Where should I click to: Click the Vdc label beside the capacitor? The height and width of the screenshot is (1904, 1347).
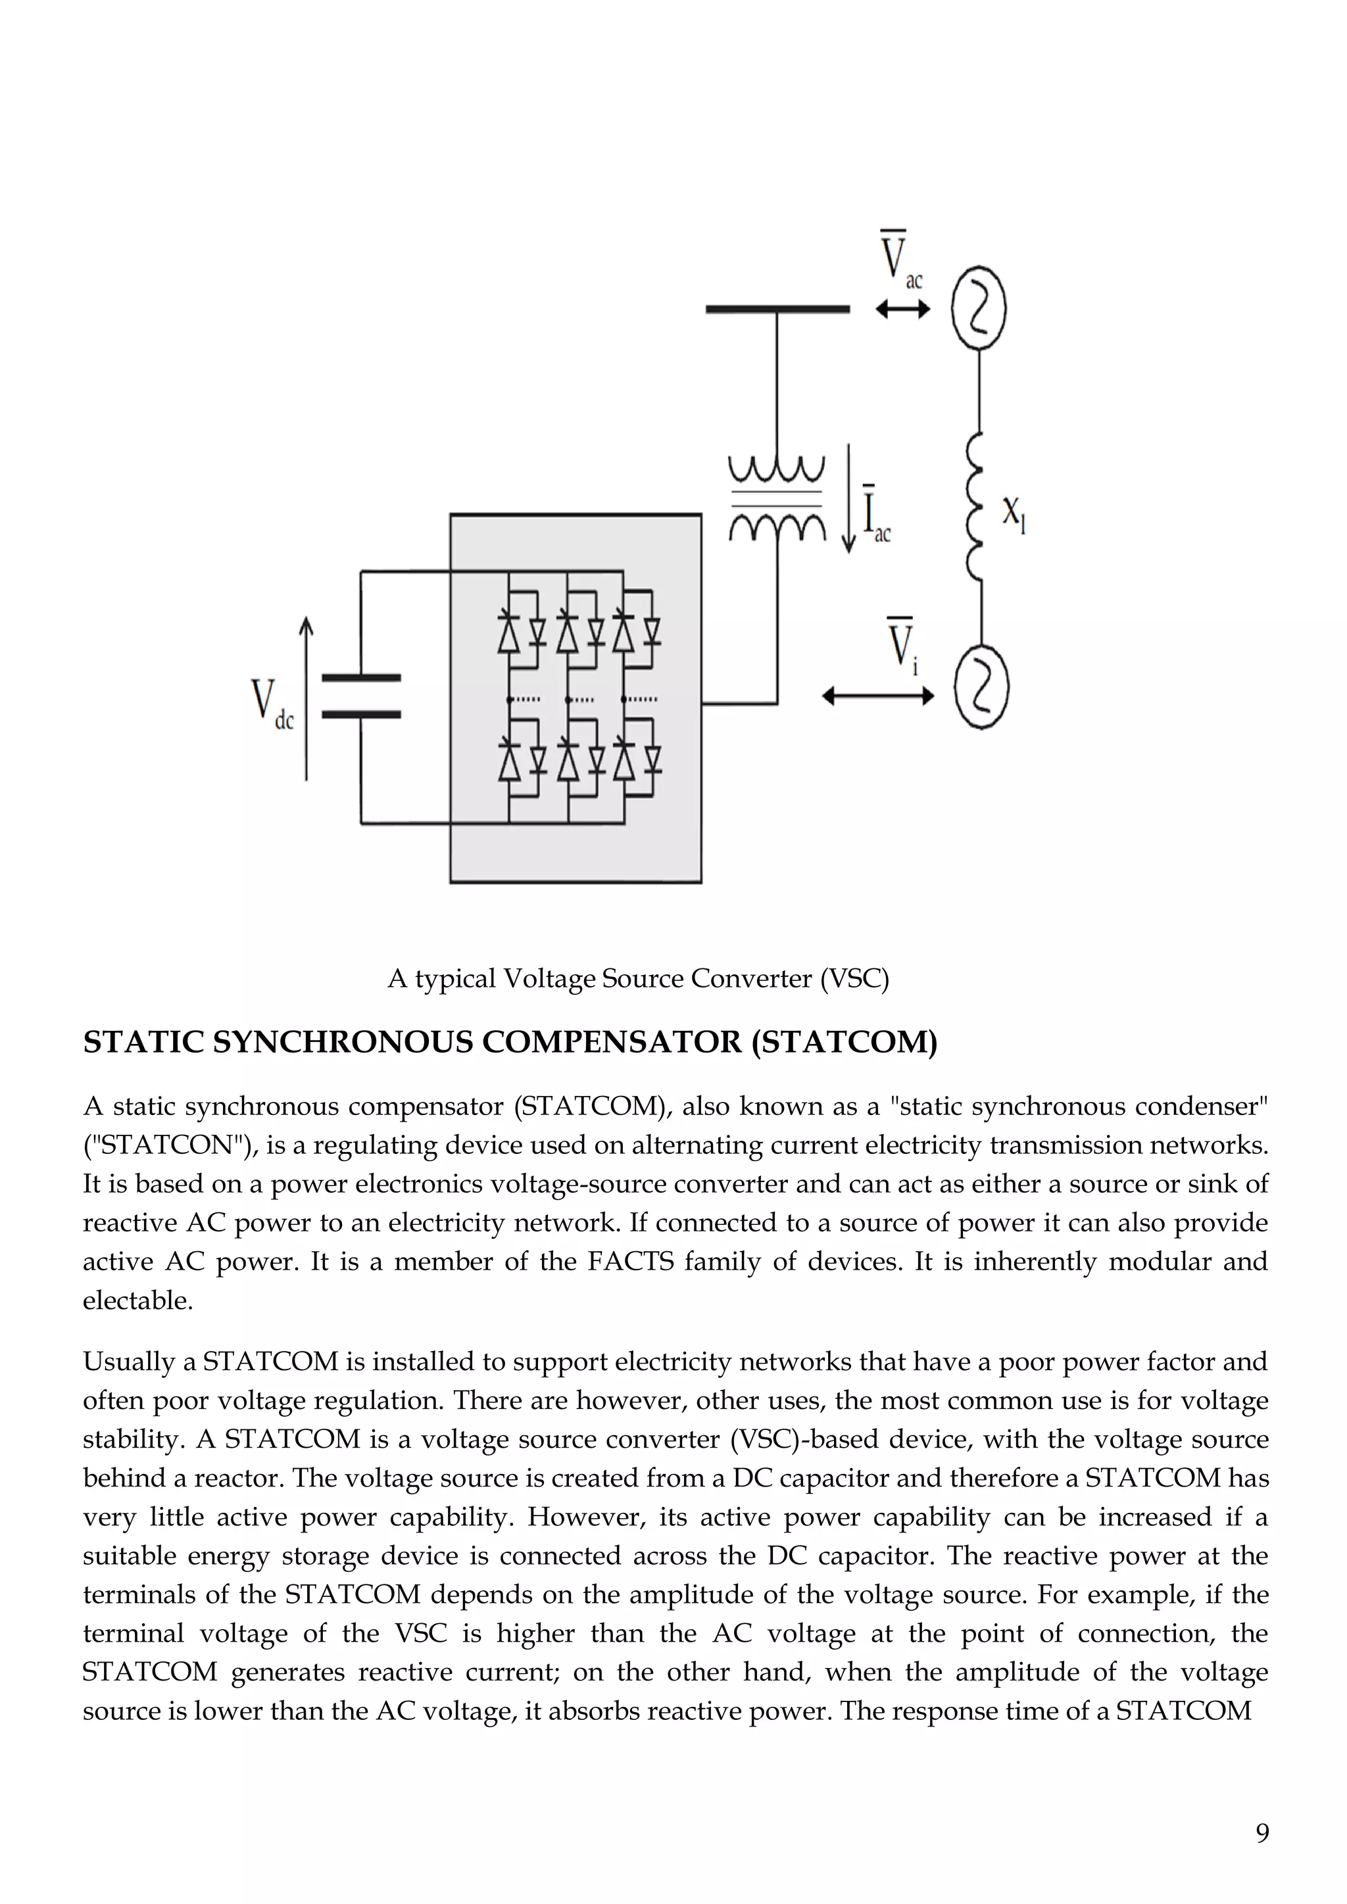point(271,705)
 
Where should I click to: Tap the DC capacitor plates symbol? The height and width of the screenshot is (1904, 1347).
point(361,696)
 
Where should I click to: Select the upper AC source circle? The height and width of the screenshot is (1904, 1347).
point(979,308)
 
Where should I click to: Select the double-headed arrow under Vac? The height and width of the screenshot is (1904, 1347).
point(902,309)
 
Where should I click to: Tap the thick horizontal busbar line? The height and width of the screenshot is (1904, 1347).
point(777,309)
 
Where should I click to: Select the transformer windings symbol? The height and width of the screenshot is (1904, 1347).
point(776,498)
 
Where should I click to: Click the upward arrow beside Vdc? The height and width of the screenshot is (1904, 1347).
point(306,698)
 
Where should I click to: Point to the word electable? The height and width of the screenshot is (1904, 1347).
point(137,1300)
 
